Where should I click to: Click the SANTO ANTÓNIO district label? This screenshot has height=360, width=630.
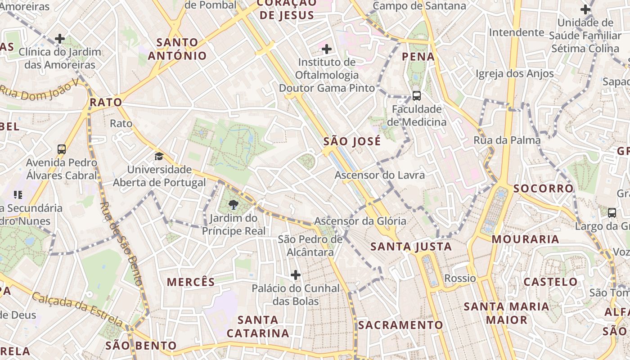(177, 49)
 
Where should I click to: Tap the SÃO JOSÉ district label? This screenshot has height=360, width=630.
(352, 141)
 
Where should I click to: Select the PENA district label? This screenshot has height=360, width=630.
(418, 57)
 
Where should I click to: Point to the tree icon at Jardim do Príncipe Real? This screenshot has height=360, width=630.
(233, 206)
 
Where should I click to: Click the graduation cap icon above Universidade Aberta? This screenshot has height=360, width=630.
(159, 157)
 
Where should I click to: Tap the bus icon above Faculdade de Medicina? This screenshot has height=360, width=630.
(417, 95)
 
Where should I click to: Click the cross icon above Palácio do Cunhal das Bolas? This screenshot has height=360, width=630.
(296, 274)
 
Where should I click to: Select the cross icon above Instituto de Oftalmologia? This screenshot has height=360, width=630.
(327, 49)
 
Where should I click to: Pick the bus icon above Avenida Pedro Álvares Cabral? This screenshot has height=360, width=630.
(62, 149)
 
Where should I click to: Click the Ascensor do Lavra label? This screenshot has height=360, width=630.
(379, 175)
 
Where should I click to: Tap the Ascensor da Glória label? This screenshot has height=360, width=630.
(360, 221)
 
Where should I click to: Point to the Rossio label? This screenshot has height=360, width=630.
(460, 278)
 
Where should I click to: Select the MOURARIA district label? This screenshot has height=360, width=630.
(525, 239)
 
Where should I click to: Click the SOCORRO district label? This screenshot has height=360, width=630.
(544, 188)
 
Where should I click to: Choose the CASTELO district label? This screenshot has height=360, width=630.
(550, 282)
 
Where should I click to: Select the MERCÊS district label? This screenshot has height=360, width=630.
(191, 282)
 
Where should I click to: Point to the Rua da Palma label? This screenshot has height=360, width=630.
(507, 140)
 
